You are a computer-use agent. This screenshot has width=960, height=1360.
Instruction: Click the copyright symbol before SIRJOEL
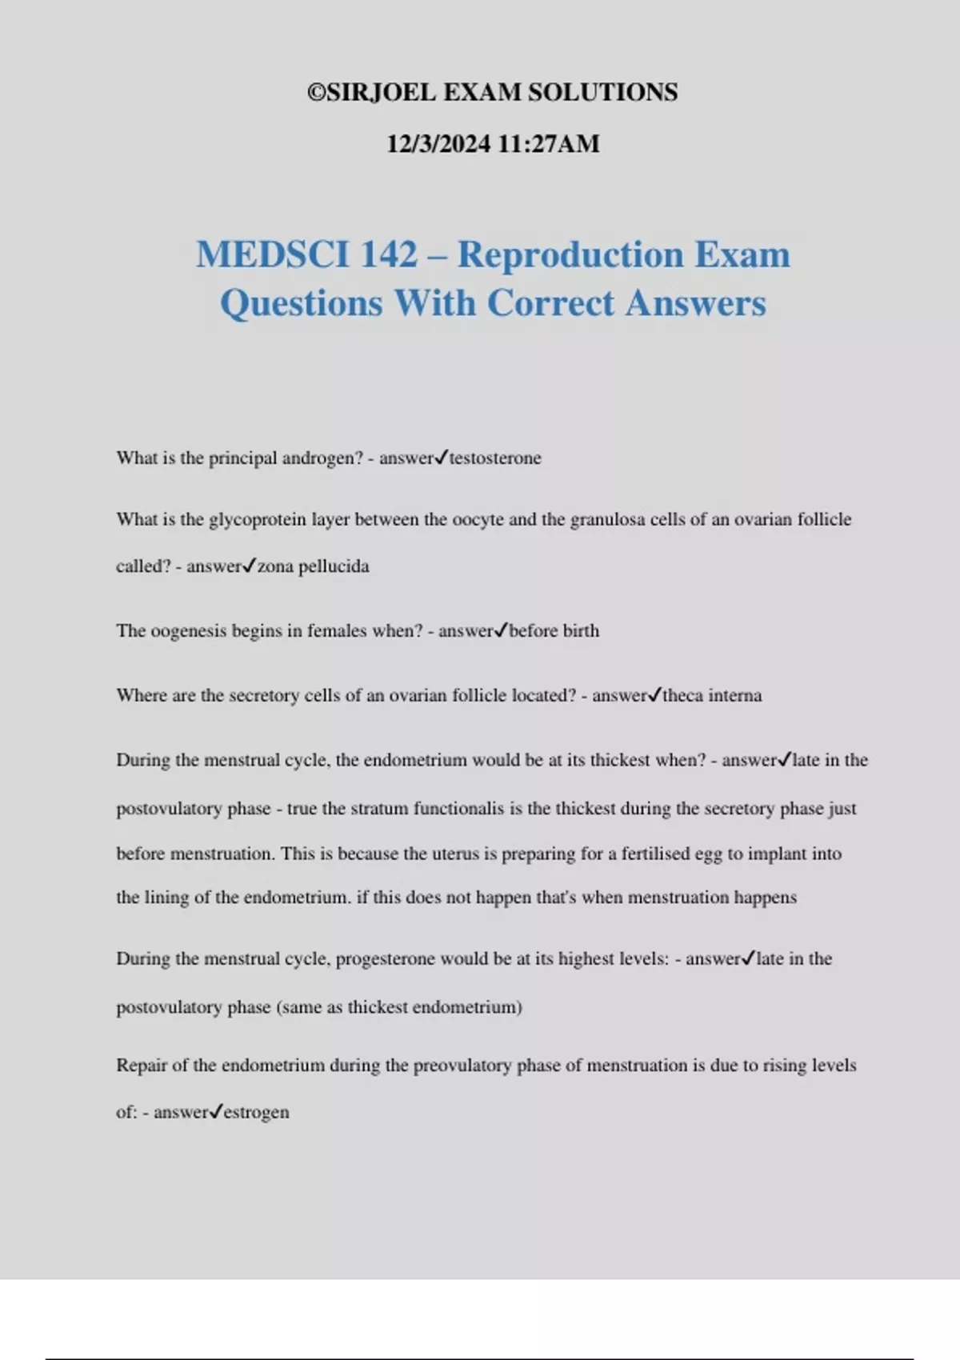316,93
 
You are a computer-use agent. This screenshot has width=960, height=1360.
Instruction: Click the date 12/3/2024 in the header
438,144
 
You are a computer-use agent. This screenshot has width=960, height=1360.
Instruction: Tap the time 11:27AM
548,144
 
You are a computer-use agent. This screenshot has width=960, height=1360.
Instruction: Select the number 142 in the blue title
389,254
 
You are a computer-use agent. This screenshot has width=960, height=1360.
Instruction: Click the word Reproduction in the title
570,254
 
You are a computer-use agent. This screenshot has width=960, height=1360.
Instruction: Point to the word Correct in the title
550,303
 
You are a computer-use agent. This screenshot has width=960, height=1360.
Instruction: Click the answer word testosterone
495,458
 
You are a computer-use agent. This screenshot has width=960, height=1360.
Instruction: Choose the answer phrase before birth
554,631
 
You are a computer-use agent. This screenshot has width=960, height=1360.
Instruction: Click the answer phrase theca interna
712,696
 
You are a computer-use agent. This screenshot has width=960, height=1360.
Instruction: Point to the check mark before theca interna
654,695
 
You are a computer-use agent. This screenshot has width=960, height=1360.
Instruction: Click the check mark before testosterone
441,458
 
